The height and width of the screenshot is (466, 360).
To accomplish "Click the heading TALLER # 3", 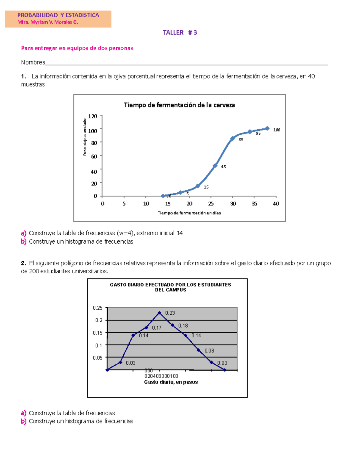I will [x=180, y=32].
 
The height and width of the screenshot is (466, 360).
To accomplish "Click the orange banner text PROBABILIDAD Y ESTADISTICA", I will [x=58, y=15].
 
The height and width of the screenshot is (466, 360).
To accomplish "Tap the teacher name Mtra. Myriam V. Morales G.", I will [x=48, y=22].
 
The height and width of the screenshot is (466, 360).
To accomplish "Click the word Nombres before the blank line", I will [x=33, y=62].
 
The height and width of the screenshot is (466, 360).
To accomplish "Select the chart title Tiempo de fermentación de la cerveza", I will [x=179, y=105].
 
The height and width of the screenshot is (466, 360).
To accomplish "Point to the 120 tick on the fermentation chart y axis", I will [x=92, y=116].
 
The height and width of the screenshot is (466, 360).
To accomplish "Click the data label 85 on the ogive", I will [x=241, y=140].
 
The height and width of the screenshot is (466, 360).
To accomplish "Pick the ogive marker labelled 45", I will [x=215, y=166].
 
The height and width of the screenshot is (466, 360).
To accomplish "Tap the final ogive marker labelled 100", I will [x=267, y=128].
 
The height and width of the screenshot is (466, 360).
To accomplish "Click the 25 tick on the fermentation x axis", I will [x=211, y=204].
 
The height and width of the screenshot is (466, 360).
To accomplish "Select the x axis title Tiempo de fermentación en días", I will [x=189, y=213].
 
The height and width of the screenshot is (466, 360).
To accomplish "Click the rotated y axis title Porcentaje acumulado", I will [x=85, y=137].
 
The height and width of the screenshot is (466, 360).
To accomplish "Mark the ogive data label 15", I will [x=206, y=187].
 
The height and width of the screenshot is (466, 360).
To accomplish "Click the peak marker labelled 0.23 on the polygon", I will [x=159, y=313].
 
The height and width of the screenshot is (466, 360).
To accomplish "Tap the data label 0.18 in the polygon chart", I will [x=183, y=326].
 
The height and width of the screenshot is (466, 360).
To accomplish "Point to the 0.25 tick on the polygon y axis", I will [x=97, y=308].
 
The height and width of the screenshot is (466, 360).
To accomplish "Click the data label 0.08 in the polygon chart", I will [x=209, y=350].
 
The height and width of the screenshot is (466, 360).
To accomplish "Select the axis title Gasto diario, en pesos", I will [x=171, y=382].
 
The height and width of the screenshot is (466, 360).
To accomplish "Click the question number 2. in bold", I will [x=23, y=263].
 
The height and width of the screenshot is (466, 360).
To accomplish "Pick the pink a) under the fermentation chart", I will [x=23, y=233].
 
